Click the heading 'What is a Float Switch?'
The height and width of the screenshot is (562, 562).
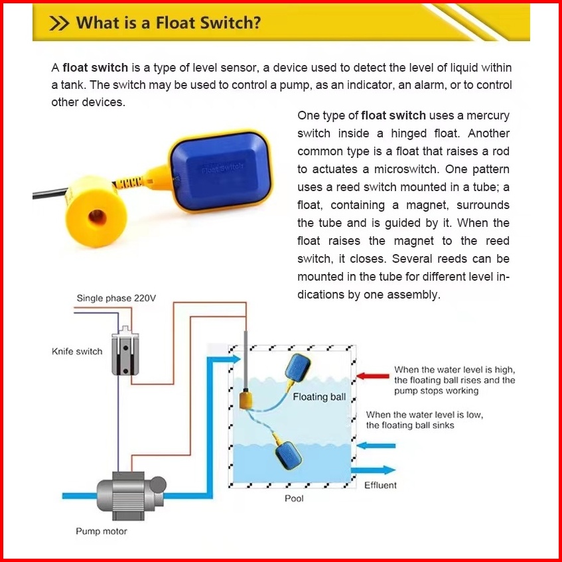click(x=169, y=24)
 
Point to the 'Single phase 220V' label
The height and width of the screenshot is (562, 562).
click(x=116, y=299)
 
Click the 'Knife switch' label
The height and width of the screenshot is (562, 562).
click(x=77, y=351)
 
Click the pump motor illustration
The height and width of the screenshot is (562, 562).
click(x=129, y=495)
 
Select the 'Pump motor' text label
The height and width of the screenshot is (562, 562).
click(x=101, y=531)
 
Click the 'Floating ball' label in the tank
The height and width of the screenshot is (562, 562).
click(x=320, y=397)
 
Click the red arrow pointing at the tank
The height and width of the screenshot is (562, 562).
click(x=372, y=376)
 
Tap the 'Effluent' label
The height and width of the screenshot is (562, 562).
click(x=380, y=485)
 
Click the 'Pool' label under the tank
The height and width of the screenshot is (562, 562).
click(x=294, y=498)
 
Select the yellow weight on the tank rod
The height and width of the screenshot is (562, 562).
click(x=247, y=399)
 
